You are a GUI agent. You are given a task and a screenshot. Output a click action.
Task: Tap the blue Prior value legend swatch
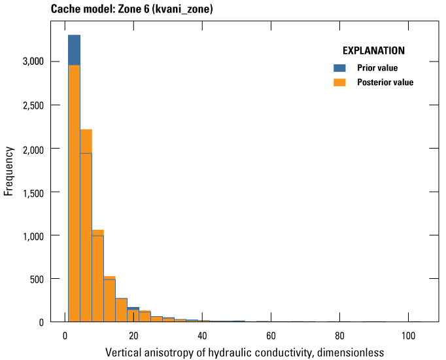click(339, 68)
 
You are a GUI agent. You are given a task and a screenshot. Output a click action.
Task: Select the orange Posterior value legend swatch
click(339, 82)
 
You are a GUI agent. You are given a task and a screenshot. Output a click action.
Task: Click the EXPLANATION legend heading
click(373, 50)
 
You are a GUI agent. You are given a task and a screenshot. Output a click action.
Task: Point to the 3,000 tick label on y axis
click(31, 62)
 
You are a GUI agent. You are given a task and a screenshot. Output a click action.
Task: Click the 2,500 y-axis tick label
click(31, 105)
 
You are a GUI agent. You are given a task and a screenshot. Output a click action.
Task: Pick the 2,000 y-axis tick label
click(31, 149)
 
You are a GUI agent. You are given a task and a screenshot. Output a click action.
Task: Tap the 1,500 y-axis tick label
click(31, 192)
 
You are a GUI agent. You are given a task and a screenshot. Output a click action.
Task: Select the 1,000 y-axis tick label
click(31, 236)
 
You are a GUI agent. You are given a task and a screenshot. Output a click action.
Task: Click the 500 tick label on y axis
click(37, 279)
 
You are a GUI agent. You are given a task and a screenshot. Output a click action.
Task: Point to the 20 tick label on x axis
click(133, 336)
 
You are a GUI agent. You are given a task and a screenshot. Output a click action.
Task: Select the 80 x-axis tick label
click(339, 336)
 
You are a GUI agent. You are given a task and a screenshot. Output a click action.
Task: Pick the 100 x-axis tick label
click(408, 336)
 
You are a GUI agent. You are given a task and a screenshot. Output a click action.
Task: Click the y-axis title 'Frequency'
click(9, 171)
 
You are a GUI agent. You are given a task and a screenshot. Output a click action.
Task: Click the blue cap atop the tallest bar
click(74, 50)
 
